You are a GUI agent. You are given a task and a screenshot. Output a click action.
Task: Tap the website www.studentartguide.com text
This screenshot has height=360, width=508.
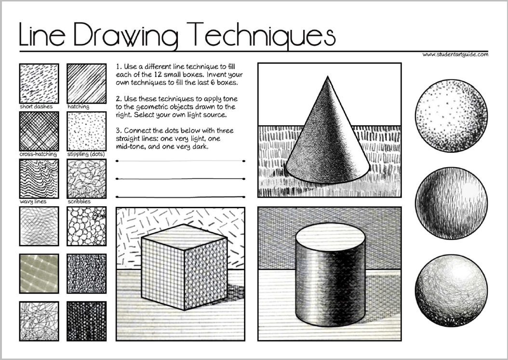(455, 54)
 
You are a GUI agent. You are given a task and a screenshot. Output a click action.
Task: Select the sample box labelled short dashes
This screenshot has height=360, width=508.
(39, 83)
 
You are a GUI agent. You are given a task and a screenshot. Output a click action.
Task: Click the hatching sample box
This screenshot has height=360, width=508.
(86, 83)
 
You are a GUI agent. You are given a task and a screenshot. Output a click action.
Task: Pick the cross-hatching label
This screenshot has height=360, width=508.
(39, 154)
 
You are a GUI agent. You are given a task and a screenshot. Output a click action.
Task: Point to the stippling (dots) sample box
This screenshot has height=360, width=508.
(86, 131)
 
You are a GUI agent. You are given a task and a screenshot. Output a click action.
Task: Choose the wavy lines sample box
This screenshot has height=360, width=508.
(39, 178)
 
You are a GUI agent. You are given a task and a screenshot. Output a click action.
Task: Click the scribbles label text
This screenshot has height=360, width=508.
(79, 201)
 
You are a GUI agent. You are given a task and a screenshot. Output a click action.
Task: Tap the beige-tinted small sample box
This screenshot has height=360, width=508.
(39, 273)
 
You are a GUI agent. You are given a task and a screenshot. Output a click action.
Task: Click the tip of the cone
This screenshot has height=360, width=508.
(327, 77)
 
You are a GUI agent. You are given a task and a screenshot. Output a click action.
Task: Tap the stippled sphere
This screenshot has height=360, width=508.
(451, 116)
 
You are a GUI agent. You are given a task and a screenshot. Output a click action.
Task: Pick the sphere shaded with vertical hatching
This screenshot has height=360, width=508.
(451, 203)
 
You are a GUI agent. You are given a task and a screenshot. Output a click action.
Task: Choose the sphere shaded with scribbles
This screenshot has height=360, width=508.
(451, 291)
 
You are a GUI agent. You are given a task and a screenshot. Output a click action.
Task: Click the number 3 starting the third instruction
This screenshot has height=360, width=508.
(118, 131)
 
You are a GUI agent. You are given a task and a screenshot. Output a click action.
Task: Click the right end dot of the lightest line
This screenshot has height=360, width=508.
(244, 161)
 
